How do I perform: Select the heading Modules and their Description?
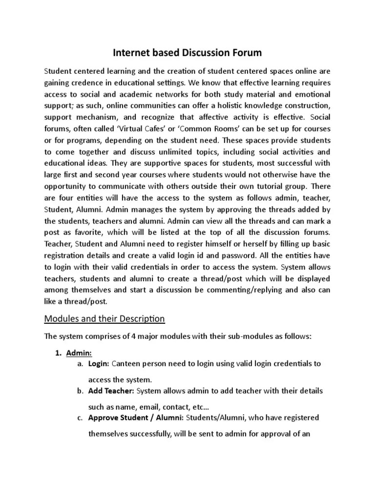[x=104, y=319]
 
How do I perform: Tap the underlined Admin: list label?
[x=78, y=353]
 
